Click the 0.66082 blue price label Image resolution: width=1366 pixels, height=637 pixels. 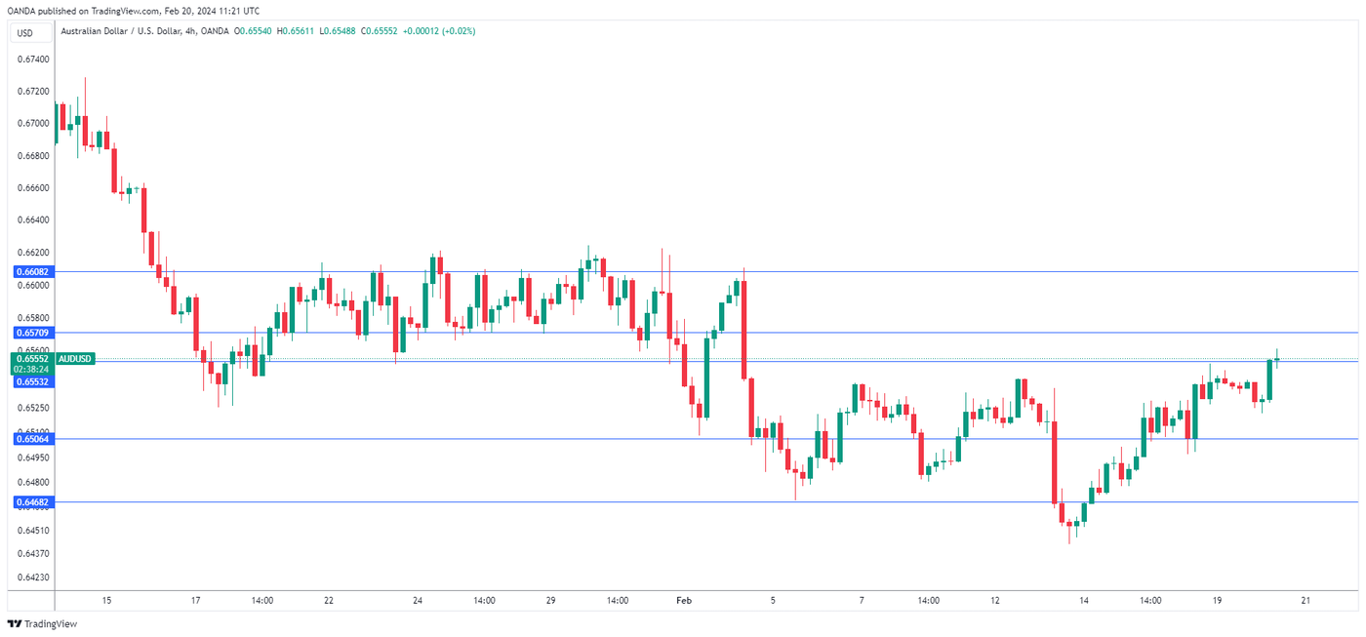pos(32,271)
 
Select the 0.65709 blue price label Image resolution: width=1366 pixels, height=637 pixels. pos(32,333)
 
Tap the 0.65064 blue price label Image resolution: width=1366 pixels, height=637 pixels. pos(32,439)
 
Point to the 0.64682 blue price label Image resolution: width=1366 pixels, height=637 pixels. pos(32,502)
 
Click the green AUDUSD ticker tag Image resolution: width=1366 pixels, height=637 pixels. pos(75,359)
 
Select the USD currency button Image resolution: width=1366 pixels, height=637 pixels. pos(24,33)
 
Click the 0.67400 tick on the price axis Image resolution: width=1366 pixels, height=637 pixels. pos(33,60)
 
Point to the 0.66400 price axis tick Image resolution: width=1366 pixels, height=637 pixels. pos(33,220)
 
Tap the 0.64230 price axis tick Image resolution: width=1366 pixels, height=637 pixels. pos(33,577)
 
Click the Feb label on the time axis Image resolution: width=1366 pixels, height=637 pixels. pos(684,601)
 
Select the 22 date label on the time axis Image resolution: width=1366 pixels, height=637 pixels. pos(329,601)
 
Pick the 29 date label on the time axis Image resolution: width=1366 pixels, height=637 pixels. pos(550,601)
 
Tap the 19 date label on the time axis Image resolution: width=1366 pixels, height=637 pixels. pos(1217,601)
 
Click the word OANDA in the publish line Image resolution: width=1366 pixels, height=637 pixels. pos(20,10)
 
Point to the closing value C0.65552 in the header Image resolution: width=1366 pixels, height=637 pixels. pos(381,31)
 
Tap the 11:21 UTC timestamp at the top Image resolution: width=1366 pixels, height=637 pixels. pos(239,10)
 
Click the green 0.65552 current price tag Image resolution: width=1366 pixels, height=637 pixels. pos(32,359)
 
